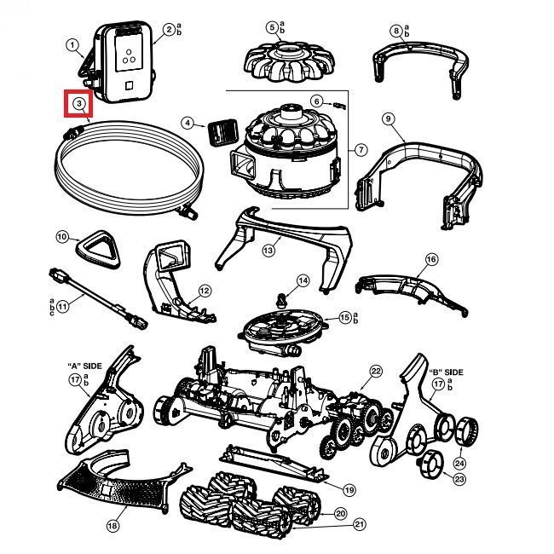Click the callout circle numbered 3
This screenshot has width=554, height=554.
78,104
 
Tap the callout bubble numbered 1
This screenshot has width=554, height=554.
72,44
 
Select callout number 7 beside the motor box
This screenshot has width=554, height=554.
361,150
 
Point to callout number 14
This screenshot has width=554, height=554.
303,280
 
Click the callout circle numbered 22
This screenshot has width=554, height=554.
376,371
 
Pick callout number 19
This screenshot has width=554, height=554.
349,489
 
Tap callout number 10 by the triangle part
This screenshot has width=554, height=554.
61,236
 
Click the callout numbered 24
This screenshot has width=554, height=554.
460,464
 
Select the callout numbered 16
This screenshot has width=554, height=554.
431,259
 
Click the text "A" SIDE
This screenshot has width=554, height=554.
84,366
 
